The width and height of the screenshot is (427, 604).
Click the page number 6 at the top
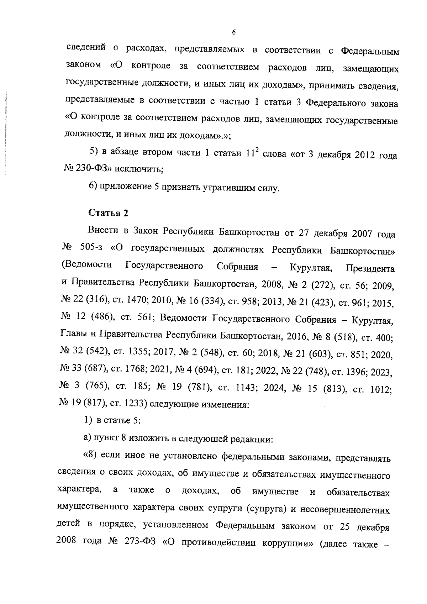coord(234,32)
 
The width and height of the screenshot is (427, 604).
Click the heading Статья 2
coord(108,213)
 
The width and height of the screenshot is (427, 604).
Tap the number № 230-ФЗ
coord(83,169)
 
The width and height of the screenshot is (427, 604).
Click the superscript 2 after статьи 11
coord(257,150)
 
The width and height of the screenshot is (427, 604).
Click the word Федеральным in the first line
coord(370,52)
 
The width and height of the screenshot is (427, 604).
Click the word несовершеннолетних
coord(345,510)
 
